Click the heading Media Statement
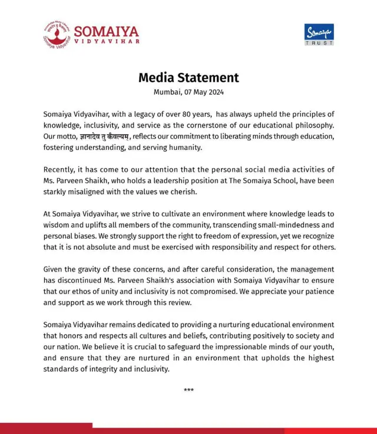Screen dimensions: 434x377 coord(188,78)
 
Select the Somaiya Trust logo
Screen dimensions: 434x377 coord(319,34)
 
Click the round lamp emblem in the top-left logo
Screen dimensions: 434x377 coord(56,35)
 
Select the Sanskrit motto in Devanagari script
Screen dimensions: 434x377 coord(105,137)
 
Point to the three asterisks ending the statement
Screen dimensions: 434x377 coord(188,390)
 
